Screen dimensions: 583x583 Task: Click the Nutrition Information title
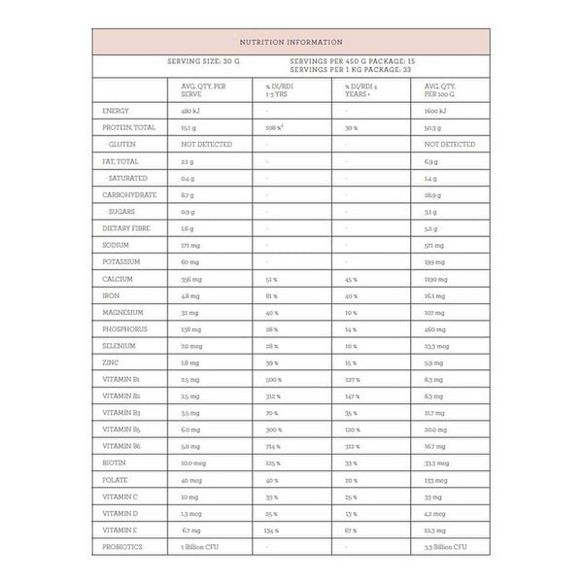click(291, 42)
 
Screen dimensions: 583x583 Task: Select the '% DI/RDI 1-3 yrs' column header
click(282, 90)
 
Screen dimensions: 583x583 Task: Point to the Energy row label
click(116, 111)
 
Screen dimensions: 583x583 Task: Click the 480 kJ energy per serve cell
click(190, 111)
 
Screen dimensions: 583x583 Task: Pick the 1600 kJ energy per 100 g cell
click(435, 111)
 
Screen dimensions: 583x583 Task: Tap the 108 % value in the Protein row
click(274, 127)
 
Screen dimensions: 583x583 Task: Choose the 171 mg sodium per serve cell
click(189, 245)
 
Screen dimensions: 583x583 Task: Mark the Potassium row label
click(121, 261)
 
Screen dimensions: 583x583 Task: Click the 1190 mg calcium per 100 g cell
click(435, 279)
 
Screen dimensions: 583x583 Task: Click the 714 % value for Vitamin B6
click(272, 446)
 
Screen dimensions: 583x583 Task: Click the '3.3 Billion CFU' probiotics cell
click(447, 547)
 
